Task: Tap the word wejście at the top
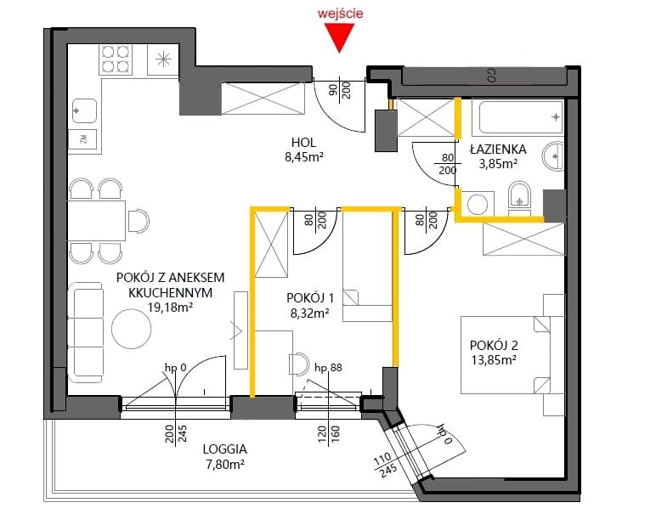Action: coord(340,13)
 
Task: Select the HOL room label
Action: coord(303,142)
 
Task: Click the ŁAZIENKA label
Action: coord(498,150)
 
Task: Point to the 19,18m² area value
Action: coord(170,308)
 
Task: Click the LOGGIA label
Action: coord(224,449)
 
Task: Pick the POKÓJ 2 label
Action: coord(494,345)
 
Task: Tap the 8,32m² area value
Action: coord(309,313)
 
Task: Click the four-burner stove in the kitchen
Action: coord(116,59)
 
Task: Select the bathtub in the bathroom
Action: coord(518,116)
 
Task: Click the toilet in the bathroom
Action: coord(519,195)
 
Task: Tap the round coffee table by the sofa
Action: coord(132,329)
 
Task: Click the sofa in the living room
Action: coord(85,332)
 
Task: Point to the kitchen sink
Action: coord(84,110)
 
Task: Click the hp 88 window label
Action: coord(328,367)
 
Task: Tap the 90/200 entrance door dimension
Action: coord(340,90)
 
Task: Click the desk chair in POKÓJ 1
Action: coord(299,363)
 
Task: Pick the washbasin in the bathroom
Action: coord(553,156)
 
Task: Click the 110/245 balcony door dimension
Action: coord(385,465)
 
